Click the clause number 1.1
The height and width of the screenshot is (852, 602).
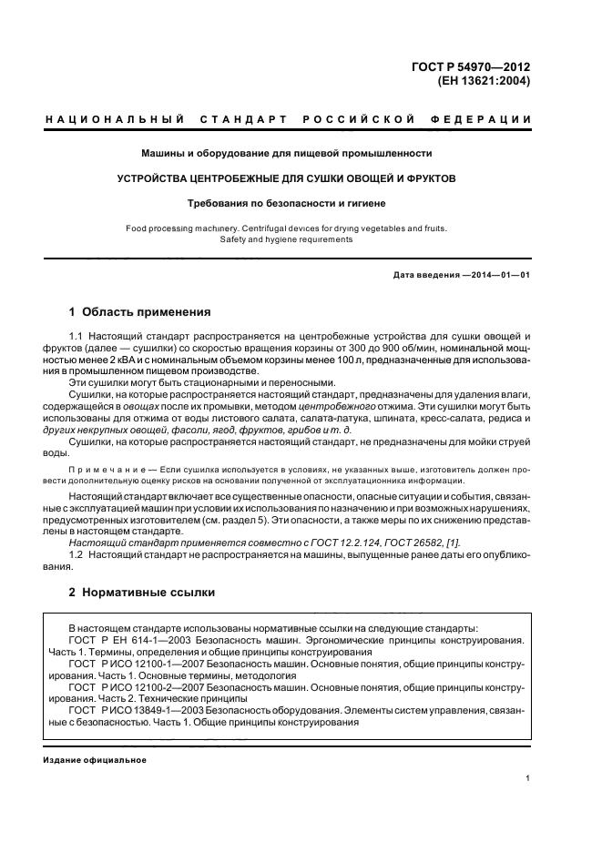(x=77, y=337)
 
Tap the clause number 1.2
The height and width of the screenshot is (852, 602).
(x=77, y=554)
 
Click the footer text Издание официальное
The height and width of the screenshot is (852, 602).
(x=95, y=760)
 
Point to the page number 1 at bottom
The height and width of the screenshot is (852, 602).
(x=528, y=778)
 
